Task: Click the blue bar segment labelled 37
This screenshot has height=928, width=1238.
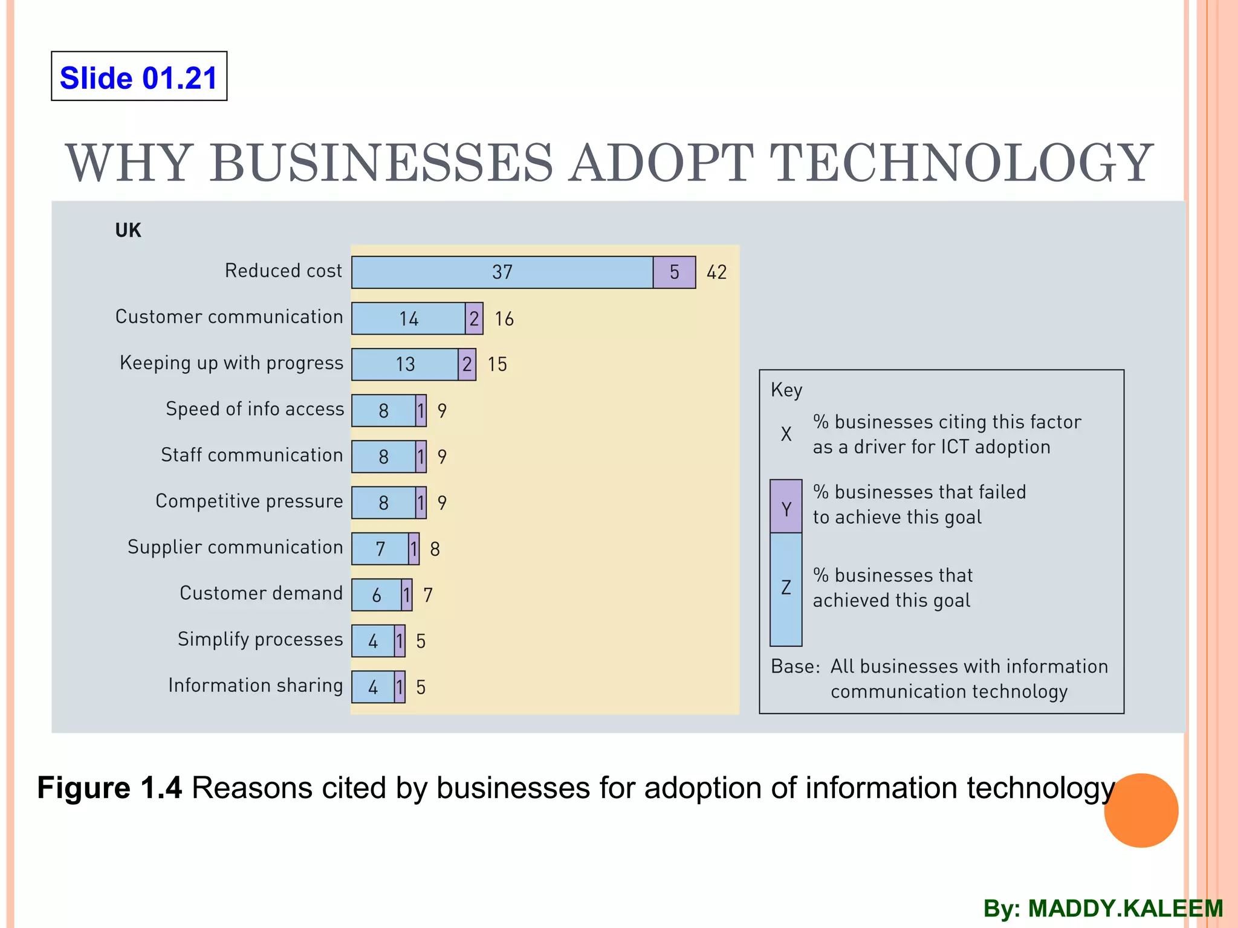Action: coord(502,272)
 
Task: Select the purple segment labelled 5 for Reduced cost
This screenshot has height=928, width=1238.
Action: coord(674,272)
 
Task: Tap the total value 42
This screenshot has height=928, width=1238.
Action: coord(717,272)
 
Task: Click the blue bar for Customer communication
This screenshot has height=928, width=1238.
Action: coord(408,318)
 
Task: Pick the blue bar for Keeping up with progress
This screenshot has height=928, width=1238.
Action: coord(404,364)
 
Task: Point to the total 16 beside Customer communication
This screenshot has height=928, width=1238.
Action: coord(504,319)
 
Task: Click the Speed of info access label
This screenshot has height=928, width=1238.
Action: coord(254,409)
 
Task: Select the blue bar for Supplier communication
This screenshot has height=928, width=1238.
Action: coord(380,549)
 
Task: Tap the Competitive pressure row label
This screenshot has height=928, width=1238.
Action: coord(249,501)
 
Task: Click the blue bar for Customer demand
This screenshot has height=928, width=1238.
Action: coord(376,595)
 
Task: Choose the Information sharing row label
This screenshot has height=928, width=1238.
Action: coord(255,685)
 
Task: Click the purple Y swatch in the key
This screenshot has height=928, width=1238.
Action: coord(786,506)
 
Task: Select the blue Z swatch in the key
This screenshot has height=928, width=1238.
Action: coord(786,589)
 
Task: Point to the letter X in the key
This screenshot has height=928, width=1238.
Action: coord(786,434)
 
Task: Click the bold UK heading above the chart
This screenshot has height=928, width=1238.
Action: coord(128,230)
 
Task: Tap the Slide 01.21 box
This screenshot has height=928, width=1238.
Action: coord(139,77)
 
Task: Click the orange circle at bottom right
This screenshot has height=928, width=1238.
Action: coord(1141,810)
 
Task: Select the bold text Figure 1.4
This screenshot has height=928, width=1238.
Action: coord(109,788)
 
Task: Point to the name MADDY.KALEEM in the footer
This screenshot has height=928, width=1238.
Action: coord(1126,909)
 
